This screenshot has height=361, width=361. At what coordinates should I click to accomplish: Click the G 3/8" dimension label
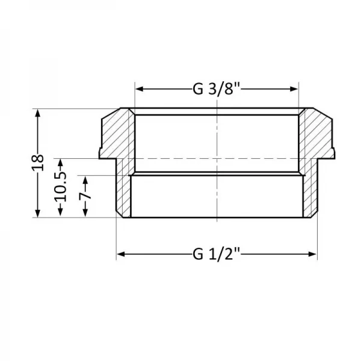(217, 88)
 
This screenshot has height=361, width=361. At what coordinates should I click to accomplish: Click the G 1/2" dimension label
(217, 255)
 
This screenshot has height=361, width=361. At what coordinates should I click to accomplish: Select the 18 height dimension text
(38, 162)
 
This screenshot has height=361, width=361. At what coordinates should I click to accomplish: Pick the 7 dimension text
(85, 196)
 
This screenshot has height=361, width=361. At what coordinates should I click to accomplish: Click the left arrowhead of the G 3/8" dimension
(138, 88)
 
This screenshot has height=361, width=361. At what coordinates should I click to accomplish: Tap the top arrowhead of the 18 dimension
(38, 113)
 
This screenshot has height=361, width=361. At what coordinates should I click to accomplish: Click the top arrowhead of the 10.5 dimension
(60, 161)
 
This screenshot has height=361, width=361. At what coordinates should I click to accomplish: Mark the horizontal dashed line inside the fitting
(180, 158)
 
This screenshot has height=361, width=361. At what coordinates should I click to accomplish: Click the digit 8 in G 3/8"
(232, 88)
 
